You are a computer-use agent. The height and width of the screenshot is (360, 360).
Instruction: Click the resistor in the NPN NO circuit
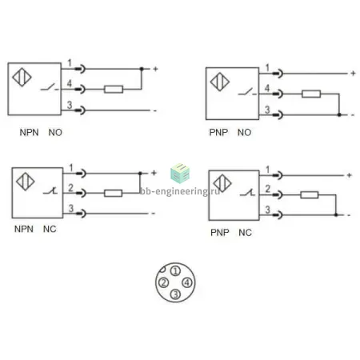pos(114,89)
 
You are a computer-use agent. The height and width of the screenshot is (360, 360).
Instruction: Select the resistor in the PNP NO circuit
pos(311,94)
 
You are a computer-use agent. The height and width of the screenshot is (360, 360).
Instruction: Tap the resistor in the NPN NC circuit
pos(113,193)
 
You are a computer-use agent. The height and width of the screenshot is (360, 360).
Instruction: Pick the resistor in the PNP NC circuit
pos(310,195)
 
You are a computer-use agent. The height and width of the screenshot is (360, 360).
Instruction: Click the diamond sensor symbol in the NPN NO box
pos(22,78)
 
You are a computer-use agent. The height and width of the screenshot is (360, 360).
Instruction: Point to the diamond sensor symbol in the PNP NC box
pos(222,183)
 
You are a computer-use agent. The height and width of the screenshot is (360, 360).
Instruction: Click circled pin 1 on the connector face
pos(175,271)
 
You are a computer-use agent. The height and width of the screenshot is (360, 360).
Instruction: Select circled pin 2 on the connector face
pos(163,282)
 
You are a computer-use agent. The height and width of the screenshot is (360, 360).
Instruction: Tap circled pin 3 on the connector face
pos(175,294)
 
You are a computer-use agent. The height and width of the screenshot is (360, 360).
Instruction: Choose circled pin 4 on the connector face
pos(187,282)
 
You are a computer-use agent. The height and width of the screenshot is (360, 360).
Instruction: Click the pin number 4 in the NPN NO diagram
pos(70,83)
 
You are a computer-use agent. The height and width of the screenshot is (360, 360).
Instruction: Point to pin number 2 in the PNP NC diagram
pos(268,189)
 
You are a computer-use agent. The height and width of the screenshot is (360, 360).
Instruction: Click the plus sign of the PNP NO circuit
pos(354,73)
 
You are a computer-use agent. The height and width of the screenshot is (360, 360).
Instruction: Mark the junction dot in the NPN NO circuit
pos(142,69)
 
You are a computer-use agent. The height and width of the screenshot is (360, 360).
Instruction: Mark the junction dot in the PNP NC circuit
pos(336,214)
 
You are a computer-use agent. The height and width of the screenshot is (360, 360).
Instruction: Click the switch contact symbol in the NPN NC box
pos(50,190)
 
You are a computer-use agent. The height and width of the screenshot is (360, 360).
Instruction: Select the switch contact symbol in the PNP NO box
pos(246,91)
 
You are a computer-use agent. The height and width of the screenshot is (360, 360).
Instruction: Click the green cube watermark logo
pos(180,174)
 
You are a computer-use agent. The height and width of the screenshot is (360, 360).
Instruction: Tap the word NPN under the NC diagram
pos(24,229)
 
